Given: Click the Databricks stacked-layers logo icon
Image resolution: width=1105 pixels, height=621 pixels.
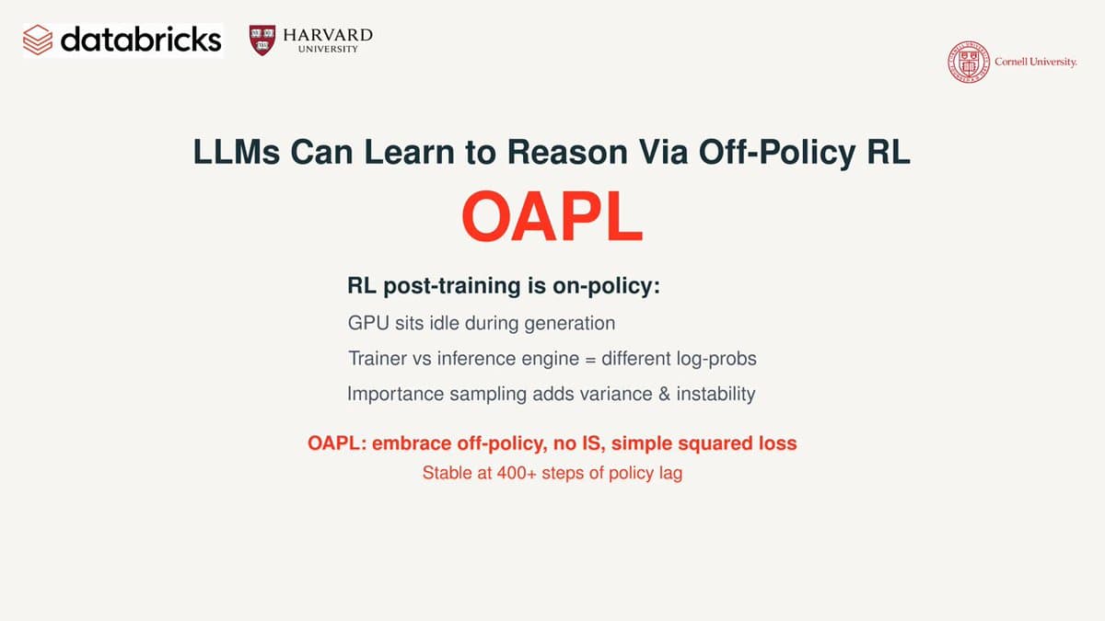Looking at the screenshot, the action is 38,40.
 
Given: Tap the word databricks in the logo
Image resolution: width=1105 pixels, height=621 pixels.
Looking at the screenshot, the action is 141,40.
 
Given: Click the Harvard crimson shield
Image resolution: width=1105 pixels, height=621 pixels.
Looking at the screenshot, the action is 262,40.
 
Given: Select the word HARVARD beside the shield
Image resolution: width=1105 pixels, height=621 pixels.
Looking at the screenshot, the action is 328,36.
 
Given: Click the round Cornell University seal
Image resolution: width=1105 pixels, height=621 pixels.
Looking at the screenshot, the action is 969,62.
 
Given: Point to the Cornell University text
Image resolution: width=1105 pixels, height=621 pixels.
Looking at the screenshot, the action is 1035,63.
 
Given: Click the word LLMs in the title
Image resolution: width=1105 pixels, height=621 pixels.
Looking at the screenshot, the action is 237,152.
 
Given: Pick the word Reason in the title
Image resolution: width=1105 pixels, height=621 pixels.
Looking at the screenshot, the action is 567,152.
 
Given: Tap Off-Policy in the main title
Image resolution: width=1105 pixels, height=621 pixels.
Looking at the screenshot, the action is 777,153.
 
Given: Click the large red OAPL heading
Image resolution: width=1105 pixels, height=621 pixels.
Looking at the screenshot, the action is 552,217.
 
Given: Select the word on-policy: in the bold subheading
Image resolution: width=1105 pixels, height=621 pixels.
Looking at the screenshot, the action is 606,286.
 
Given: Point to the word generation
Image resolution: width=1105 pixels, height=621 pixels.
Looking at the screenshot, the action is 569,324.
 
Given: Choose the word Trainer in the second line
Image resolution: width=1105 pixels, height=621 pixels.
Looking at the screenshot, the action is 378,358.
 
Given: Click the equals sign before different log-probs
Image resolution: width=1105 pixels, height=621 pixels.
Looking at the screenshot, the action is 590,360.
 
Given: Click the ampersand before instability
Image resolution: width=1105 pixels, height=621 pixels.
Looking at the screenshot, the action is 664,395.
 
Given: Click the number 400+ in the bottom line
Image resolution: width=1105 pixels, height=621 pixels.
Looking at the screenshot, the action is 516,473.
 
